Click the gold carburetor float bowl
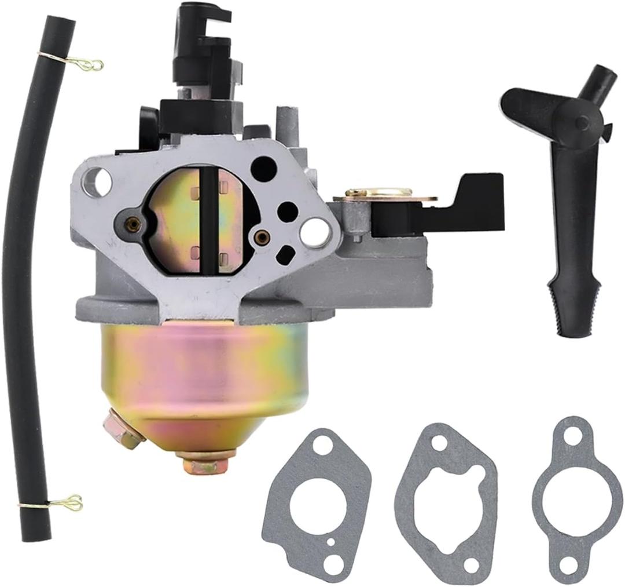coord(197,382)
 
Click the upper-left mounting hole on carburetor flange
coord(99,176)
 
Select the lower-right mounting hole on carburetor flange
coord(313,231)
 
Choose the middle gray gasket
coord(446,498)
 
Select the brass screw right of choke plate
coord(262,236)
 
